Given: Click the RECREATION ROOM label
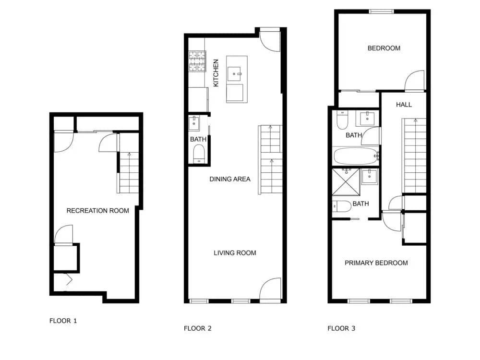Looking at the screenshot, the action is click(x=97, y=211).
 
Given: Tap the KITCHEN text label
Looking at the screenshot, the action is click(x=216, y=73).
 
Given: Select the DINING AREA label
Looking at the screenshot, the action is click(x=230, y=179).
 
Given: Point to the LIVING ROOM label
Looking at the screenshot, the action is click(x=235, y=253).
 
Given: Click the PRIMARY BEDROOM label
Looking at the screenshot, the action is click(x=376, y=263).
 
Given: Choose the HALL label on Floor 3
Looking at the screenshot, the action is click(x=404, y=105).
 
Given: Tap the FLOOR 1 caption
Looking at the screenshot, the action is click(x=63, y=321).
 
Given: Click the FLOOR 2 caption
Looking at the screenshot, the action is click(x=197, y=328).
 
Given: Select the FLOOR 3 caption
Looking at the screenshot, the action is click(x=341, y=328).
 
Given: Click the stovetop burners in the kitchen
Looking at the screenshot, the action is click(x=197, y=61).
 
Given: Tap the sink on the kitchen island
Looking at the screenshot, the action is click(x=235, y=74).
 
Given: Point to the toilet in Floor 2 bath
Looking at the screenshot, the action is click(x=199, y=154).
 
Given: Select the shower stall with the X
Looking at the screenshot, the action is click(x=346, y=182).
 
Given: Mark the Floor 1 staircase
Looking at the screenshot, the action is click(x=129, y=172).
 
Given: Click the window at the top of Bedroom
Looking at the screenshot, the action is click(x=381, y=12).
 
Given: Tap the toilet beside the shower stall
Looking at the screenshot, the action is click(x=342, y=206).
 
